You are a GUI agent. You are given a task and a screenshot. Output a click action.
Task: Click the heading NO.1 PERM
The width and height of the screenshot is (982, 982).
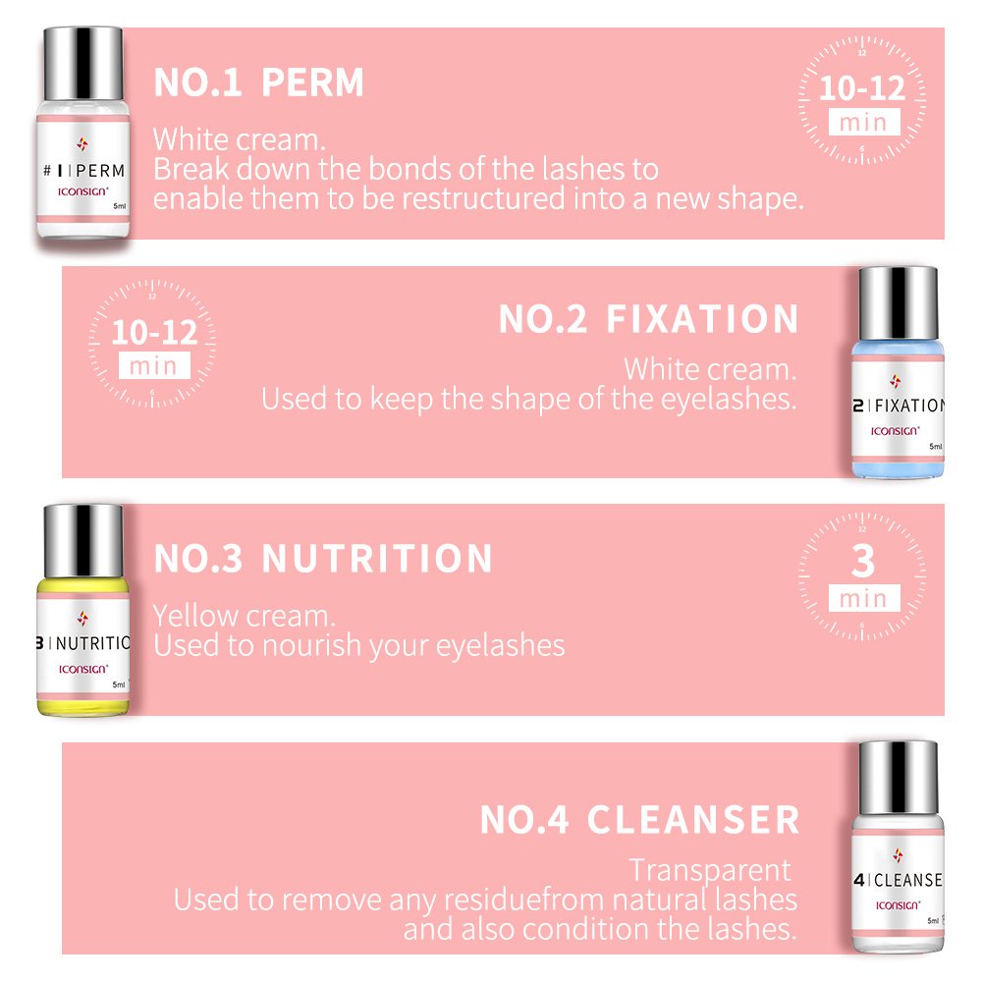258,83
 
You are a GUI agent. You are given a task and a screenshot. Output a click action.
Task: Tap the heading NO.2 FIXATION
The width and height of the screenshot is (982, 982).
648,320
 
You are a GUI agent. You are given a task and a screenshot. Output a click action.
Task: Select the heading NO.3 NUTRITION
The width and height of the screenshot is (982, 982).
323,559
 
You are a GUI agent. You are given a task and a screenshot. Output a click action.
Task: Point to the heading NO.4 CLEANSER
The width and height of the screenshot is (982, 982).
639,820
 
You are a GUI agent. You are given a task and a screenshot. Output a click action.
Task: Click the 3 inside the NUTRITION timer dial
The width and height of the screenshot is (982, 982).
862,562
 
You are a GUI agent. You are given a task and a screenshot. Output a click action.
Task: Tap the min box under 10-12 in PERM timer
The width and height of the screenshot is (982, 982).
862,123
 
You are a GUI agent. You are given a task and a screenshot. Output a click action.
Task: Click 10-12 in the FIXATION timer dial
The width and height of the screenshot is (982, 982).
154,332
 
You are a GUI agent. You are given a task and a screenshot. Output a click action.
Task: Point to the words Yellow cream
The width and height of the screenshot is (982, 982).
244,616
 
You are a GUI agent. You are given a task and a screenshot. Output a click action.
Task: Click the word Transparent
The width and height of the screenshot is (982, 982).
709,870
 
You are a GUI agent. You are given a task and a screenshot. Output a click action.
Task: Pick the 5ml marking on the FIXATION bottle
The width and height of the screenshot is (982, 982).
935,446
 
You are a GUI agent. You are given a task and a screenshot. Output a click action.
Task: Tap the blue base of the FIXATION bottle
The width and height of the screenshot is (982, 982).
898,464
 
